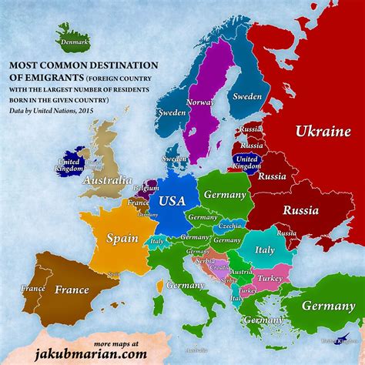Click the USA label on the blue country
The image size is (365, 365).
tap(172, 202)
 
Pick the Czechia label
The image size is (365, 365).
tap(229, 225)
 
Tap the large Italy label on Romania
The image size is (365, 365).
tap(264, 250)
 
